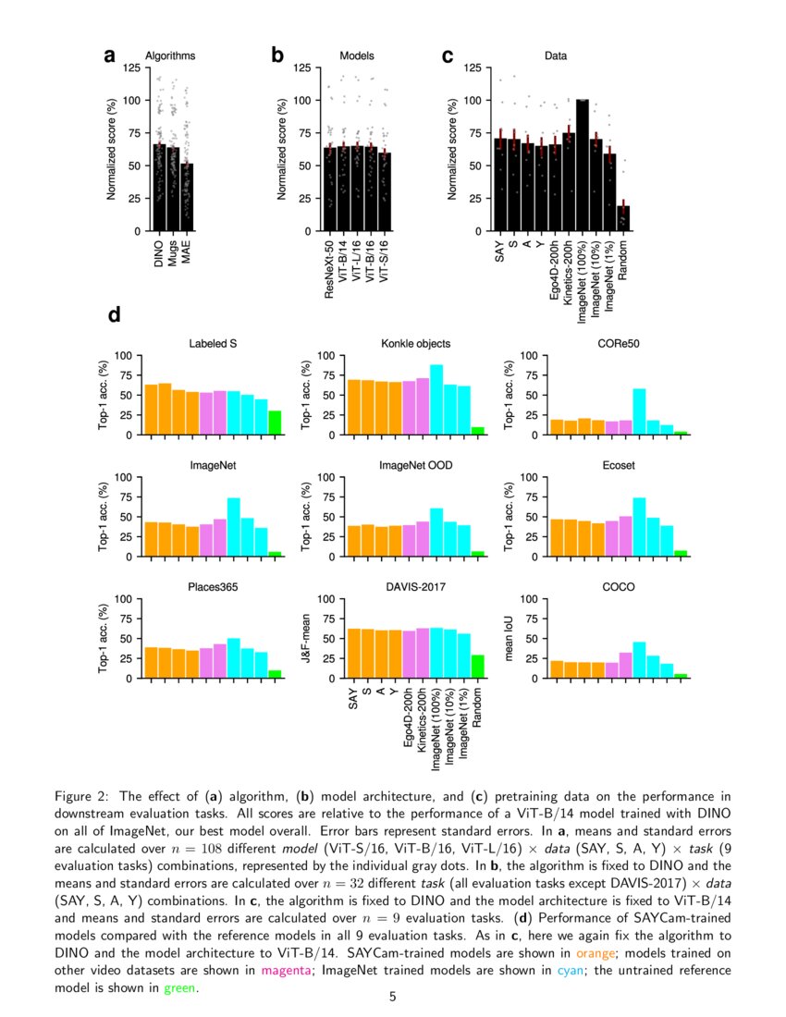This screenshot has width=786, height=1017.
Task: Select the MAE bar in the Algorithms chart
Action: [x=187, y=197]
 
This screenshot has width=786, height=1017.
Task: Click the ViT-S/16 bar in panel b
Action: [x=385, y=191]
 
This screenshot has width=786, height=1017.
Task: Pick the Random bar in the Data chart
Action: [x=623, y=218]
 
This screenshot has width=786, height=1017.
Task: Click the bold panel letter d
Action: [x=115, y=315]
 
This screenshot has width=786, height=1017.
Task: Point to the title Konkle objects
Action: [x=416, y=344]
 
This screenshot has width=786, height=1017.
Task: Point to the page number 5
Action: [x=393, y=997]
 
